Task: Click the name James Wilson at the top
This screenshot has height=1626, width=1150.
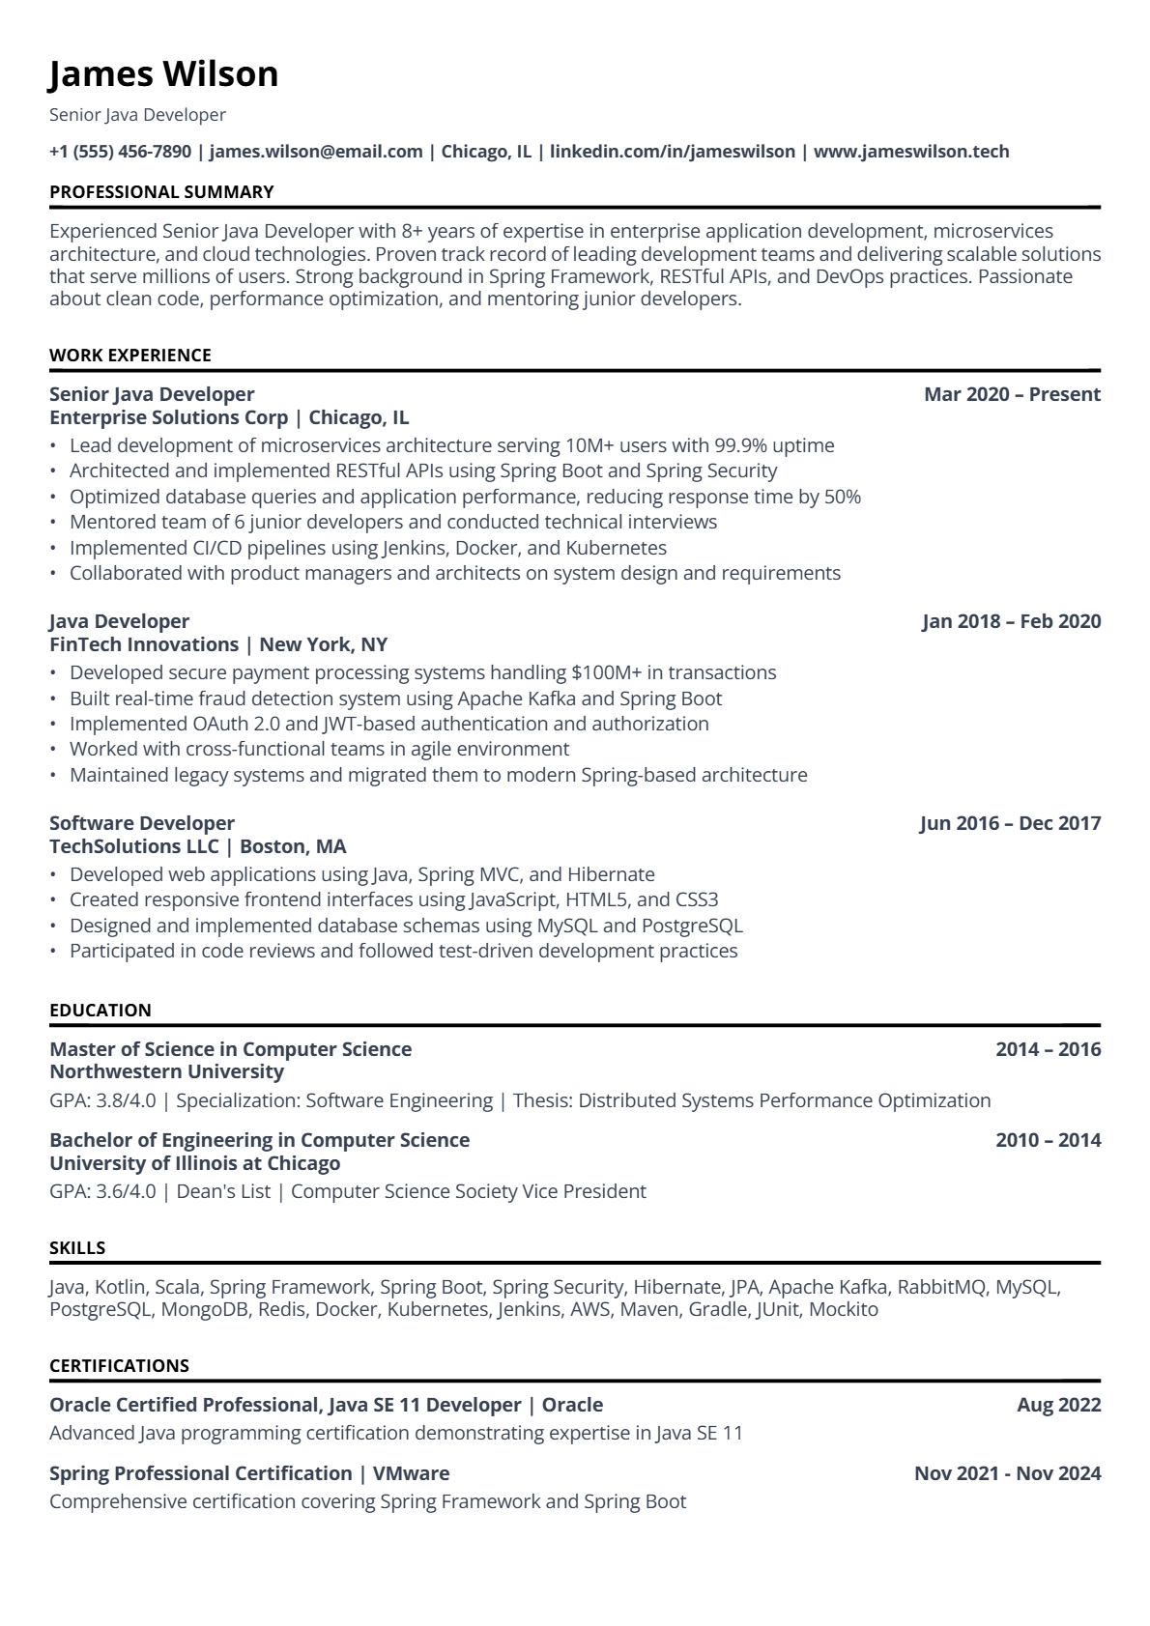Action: (x=163, y=74)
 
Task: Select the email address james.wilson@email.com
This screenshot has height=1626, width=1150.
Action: (x=316, y=152)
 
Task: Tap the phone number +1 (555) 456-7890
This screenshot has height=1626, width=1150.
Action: (x=120, y=152)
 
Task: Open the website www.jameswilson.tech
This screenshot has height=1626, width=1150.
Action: (x=911, y=152)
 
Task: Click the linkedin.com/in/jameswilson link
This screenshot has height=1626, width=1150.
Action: (x=672, y=152)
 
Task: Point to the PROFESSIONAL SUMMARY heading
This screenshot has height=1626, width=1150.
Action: (x=161, y=192)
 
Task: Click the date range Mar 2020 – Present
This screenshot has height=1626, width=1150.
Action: (x=1012, y=394)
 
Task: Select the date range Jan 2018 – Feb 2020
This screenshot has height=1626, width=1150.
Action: (x=1011, y=621)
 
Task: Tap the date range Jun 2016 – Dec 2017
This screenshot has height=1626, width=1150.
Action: (x=1010, y=823)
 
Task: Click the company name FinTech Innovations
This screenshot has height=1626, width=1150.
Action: (x=144, y=644)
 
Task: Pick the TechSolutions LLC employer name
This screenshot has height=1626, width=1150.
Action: (x=134, y=846)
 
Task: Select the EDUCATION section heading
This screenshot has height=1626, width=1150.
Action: (x=101, y=1011)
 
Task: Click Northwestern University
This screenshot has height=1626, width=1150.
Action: (x=166, y=1071)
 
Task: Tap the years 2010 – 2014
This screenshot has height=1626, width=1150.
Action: (x=1048, y=1140)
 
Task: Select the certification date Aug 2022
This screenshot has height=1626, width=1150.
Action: (x=1058, y=1405)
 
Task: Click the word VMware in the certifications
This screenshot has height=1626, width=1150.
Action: (x=411, y=1473)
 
